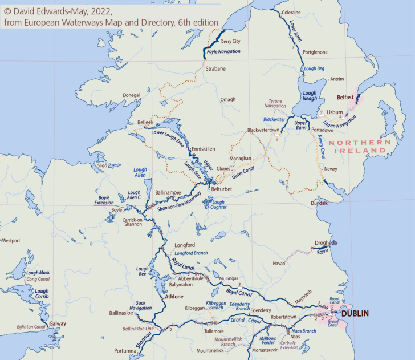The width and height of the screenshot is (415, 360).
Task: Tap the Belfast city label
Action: coord(346,98)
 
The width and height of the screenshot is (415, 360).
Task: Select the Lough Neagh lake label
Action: coord(310,96)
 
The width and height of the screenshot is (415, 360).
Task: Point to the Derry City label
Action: coord(230,42)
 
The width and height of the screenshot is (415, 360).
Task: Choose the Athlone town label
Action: coord(174,297)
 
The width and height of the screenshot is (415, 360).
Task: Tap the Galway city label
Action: coord(58,323)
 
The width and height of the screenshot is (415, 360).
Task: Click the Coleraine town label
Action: coord(291,12)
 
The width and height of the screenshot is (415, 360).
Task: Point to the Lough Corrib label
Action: coord(42,294)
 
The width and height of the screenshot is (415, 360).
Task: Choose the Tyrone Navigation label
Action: coord(276,103)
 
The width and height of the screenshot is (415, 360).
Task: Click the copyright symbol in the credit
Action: coord(7,10)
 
